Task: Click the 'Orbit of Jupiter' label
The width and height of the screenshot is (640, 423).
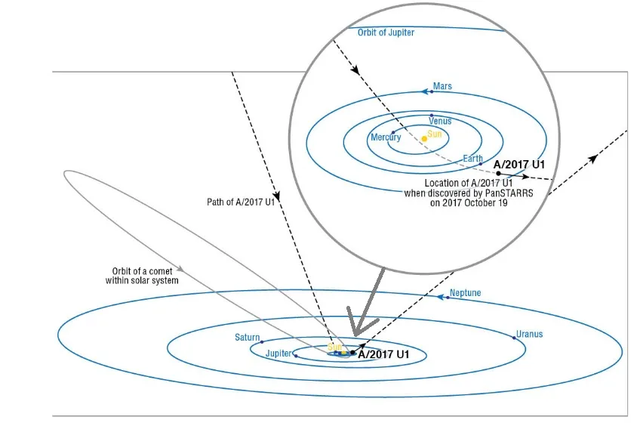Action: pyautogui.click(x=386, y=32)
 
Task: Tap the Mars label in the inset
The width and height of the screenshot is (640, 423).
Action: pyautogui.click(x=442, y=86)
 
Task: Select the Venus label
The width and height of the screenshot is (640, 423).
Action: pyautogui.click(x=440, y=121)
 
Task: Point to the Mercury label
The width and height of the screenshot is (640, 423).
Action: pyautogui.click(x=386, y=137)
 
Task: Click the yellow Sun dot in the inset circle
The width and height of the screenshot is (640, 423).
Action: pyautogui.click(x=424, y=139)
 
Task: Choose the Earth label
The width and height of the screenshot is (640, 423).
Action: pyautogui.click(x=472, y=158)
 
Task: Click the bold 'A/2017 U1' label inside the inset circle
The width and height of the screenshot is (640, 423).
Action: pyautogui.click(x=519, y=165)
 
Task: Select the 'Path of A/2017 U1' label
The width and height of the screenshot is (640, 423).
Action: pyautogui.click(x=241, y=202)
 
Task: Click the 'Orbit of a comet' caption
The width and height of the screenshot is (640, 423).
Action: pyautogui.click(x=142, y=271)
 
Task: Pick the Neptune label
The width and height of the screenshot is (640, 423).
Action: pyautogui.click(x=466, y=292)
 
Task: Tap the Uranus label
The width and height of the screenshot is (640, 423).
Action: pyautogui.click(x=529, y=334)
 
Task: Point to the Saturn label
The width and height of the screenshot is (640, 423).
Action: pyautogui.click(x=248, y=337)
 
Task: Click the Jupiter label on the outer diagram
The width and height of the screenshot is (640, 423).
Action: pyautogui.click(x=278, y=353)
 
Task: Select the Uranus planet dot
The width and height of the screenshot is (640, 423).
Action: pyautogui.click(x=514, y=338)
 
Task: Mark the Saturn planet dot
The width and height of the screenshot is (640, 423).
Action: pyautogui.click(x=262, y=341)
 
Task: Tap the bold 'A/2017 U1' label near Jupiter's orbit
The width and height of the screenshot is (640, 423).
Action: pyautogui.click(x=383, y=354)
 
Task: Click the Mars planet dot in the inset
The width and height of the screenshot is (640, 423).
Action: pyautogui.click(x=432, y=91)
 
